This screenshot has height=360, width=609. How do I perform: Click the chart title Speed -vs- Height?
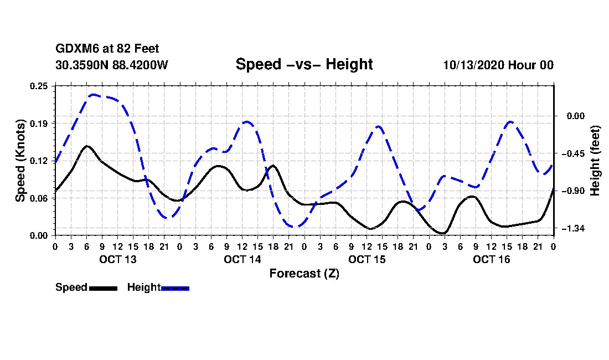click(304, 64)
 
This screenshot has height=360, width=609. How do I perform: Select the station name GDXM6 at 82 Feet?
click(107, 49)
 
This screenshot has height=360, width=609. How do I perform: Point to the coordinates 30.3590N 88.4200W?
click(112, 65)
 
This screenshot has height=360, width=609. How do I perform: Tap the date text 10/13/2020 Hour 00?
click(498, 65)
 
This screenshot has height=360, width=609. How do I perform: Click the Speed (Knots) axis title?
click(20, 160)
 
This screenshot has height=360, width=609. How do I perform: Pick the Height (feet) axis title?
click(596, 160)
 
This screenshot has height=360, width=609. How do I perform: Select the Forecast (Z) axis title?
click(304, 273)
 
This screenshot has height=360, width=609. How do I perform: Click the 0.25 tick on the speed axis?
click(40, 85)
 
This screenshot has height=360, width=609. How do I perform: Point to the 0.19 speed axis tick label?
click(40, 123)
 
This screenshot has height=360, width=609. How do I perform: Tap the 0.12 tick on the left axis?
click(40, 161)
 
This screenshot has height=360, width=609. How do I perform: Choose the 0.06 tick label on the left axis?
click(40, 198)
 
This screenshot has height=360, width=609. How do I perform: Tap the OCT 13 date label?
click(117, 259)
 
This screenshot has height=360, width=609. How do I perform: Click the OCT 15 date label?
click(367, 259)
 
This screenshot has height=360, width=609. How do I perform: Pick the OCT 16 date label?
click(491, 259)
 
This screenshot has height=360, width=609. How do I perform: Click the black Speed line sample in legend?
click(103, 288)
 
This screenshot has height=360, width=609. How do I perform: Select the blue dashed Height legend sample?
click(175, 288)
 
